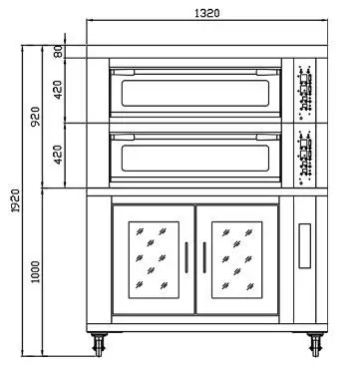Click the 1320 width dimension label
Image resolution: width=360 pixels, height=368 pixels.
coord(207,14)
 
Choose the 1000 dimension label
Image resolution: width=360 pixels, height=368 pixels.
coord(34,270)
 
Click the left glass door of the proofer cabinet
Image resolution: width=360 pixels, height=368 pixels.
coord(152,256)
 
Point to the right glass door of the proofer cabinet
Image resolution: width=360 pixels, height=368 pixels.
coord(237,256)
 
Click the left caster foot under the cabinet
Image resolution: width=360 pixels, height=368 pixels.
coord(101,345)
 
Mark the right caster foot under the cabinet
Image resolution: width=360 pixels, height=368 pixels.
coord(317,345)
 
